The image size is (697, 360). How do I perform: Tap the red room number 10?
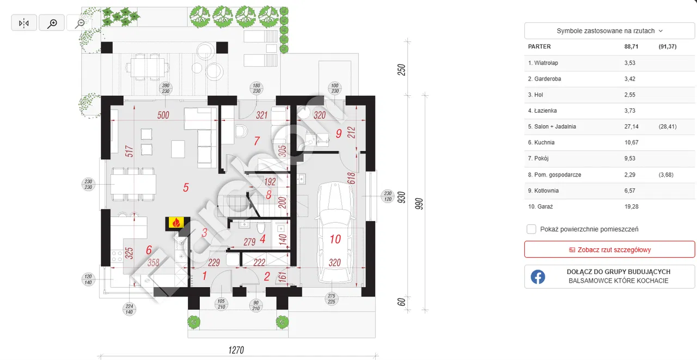click(335, 239)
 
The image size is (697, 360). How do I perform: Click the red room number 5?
click(186, 187)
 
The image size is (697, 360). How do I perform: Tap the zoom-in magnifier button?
click(52, 23)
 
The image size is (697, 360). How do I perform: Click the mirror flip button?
click(24, 23)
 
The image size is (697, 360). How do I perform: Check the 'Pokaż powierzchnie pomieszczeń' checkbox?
click(531, 229)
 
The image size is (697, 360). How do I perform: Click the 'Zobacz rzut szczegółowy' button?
click(609, 249)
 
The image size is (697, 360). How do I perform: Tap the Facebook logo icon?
click(538, 277)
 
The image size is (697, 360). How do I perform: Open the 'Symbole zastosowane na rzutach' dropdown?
click(609, 31)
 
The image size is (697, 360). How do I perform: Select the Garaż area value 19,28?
click(632, 206)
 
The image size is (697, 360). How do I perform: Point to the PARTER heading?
click(540, 47)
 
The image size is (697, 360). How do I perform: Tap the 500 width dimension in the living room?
click(163, 115)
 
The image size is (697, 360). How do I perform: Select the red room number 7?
click(256, 141)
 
